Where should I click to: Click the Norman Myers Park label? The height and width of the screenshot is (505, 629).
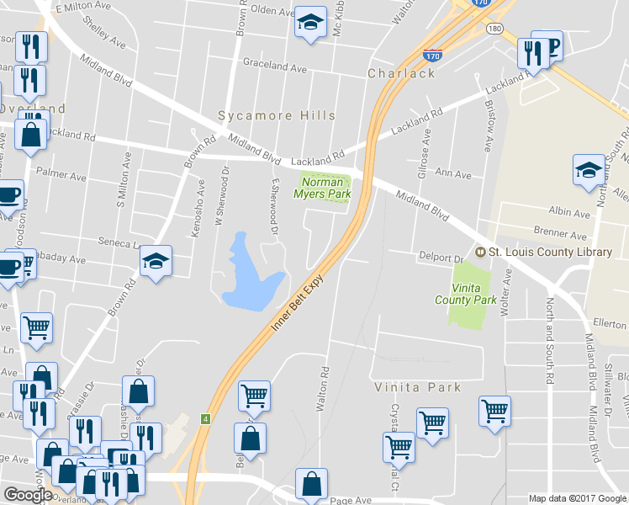tap(322, 187)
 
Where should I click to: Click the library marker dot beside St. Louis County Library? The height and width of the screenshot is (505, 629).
tap(481, 252)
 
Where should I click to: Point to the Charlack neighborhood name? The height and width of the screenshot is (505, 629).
tap(401, 73)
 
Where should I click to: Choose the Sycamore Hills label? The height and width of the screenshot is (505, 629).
tap(277, 115)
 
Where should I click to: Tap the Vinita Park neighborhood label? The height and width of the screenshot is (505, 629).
tap(418, 387)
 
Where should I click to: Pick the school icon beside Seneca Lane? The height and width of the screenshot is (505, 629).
tap(156, 263)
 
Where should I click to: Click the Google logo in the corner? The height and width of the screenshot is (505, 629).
tap(28, 495)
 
